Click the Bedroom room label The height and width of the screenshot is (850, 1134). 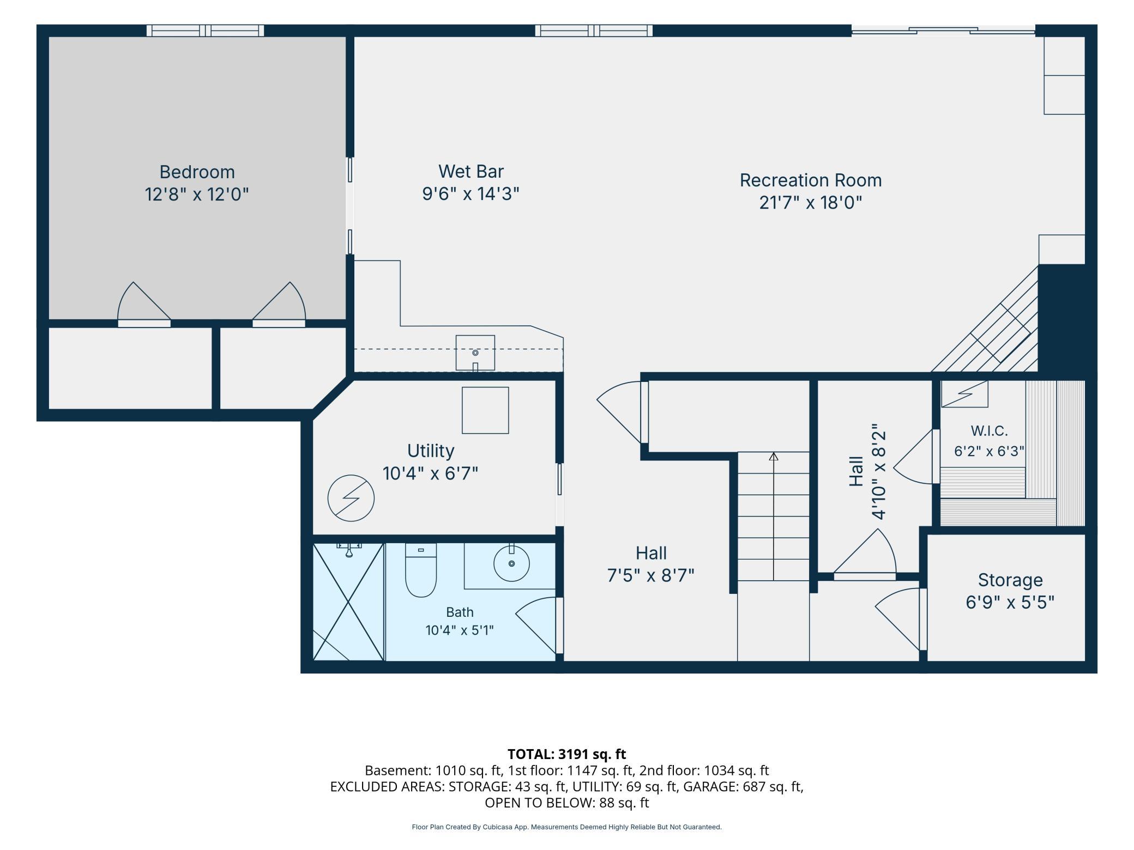(x=197, y=172)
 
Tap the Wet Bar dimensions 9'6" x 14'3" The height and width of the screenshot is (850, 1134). (x=471, y=193)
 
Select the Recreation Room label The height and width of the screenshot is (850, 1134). (x=810, y=180)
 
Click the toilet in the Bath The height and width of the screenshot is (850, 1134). (x=421, y=570)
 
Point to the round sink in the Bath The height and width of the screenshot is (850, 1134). (x=511, y=563)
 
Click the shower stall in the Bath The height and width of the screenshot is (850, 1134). (x=348, y=602)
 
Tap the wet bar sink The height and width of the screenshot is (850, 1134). (x=475, y=353)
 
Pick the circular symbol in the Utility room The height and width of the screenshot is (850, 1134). (x=351, y=498)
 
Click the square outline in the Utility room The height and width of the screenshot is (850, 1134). (x=485, y=410)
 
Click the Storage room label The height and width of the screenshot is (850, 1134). (x=1010, y=580)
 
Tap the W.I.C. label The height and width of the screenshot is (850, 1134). (x=989, y=431)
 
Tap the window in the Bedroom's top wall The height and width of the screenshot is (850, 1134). (x=205, y=31)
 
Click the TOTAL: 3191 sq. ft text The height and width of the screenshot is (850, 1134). (x=566, y=754)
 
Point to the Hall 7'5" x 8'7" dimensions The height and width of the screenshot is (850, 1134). (x=651, y=575)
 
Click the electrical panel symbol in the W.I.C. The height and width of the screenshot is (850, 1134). (x=964, y=394)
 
